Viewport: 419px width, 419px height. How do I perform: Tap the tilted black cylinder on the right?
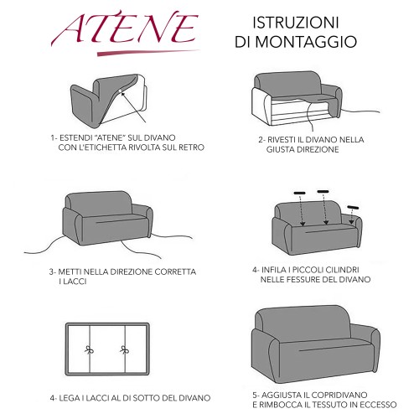[x=352, y=204]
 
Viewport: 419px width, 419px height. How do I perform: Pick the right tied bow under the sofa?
[x=125, y=346]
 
